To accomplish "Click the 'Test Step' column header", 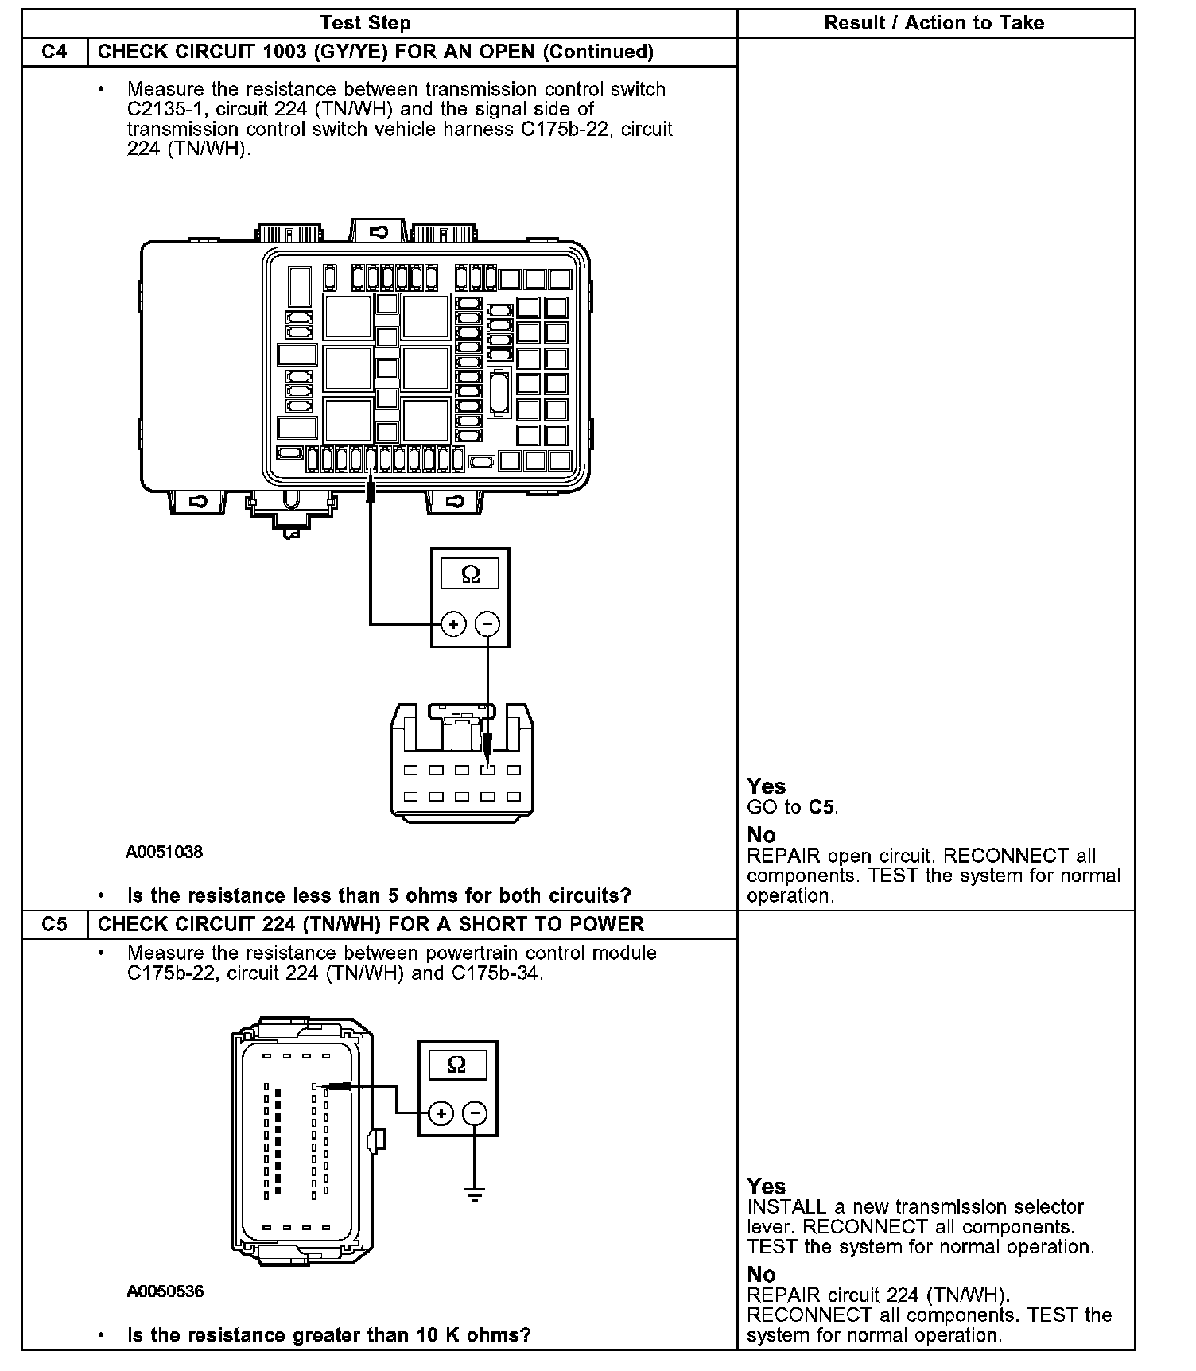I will [x=365, y=23].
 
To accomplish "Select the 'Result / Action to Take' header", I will [x=934, y=23].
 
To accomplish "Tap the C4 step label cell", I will [x=54, y=52].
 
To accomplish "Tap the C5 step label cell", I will [x=54, y=924].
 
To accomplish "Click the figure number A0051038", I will [x=164, y=852].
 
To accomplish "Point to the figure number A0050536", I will [x=165, y=1291].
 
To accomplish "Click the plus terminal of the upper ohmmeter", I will [x=453, y=624].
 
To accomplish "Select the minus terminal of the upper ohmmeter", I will [x=487, y=624].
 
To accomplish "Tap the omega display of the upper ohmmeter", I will [x=470, y=574].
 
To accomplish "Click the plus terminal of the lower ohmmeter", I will [x=441, y=1113].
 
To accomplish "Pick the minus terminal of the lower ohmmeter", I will [x=475, y=1113].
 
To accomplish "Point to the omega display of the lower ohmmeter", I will [x=456, y=1064].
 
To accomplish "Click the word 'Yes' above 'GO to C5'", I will [x=767, y=786].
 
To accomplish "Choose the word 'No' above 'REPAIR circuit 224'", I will [x=761, y=1274].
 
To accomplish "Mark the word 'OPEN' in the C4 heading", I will [x=506, y=52].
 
